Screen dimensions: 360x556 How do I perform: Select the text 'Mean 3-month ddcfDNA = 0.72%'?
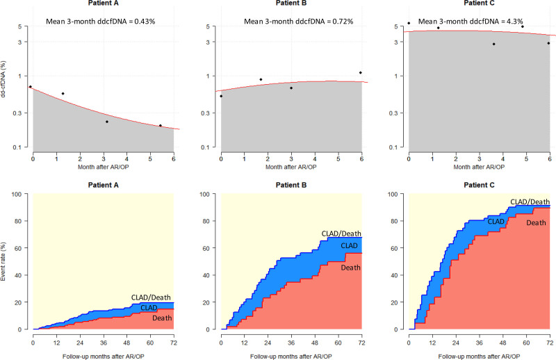click(299, 22)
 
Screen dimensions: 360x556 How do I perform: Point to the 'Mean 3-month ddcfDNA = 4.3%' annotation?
click(478, 22)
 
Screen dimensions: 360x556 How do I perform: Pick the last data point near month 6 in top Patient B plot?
click(361, 72)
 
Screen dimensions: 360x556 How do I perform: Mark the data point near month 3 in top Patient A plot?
click(107, 122)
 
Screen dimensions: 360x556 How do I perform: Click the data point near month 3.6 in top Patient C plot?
click(493, 44)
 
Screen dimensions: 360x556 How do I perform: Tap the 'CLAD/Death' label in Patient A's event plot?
click(152, 297)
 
